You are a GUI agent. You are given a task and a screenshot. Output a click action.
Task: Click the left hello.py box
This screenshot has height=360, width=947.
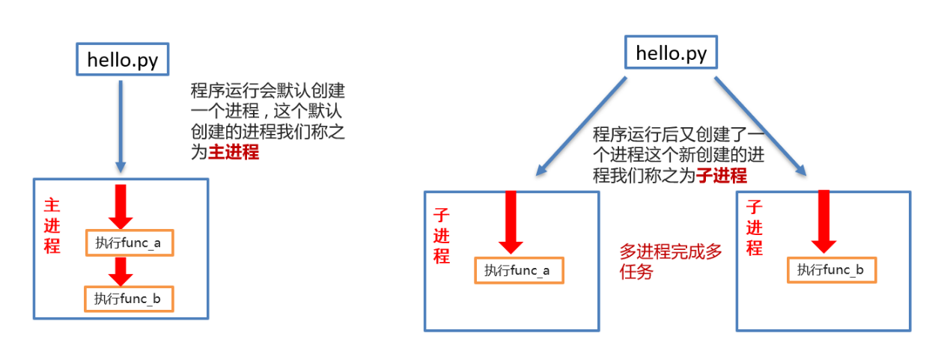[123, 61]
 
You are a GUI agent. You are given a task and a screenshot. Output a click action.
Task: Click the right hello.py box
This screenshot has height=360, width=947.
[671, 54]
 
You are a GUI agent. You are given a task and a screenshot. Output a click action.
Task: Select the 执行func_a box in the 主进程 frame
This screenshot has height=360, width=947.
[130, 242]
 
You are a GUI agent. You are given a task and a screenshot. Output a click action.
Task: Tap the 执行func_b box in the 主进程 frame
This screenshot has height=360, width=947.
[130, 299]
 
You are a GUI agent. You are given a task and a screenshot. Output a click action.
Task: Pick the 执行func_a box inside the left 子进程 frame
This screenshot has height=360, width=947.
[518, 270]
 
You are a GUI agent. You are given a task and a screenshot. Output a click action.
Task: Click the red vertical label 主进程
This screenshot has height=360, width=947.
[52, 225]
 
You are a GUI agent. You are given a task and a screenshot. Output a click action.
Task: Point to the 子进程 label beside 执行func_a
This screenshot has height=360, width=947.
[442, 235]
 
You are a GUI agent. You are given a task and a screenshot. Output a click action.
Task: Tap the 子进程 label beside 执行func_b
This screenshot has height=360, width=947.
[754, 228]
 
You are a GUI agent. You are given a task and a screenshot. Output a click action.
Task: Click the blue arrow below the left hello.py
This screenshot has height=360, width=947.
[121, 123]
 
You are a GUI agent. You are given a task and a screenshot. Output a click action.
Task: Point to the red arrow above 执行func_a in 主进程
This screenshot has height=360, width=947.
[121, 206]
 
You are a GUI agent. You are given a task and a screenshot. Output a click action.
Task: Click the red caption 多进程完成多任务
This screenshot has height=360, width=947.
[670, 262]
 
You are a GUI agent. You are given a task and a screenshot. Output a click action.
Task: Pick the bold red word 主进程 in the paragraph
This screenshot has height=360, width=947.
[233, 153]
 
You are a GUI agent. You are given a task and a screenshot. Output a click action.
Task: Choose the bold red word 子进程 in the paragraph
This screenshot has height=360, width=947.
[722, 177]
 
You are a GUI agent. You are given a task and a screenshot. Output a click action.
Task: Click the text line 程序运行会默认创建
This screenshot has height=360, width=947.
[268, 91]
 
